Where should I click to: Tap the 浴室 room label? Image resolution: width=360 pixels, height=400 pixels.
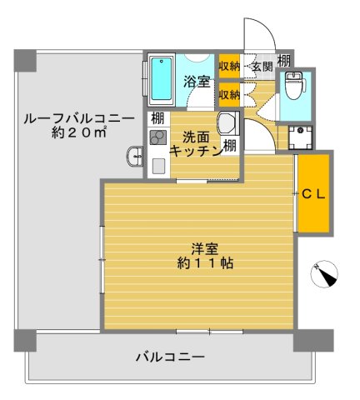196,83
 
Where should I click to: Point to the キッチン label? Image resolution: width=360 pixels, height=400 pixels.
195,150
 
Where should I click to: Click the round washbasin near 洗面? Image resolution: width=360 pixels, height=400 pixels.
227,124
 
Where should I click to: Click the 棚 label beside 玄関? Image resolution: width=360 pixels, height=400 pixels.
283,60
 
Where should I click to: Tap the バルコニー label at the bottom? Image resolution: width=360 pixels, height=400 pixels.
171,357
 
